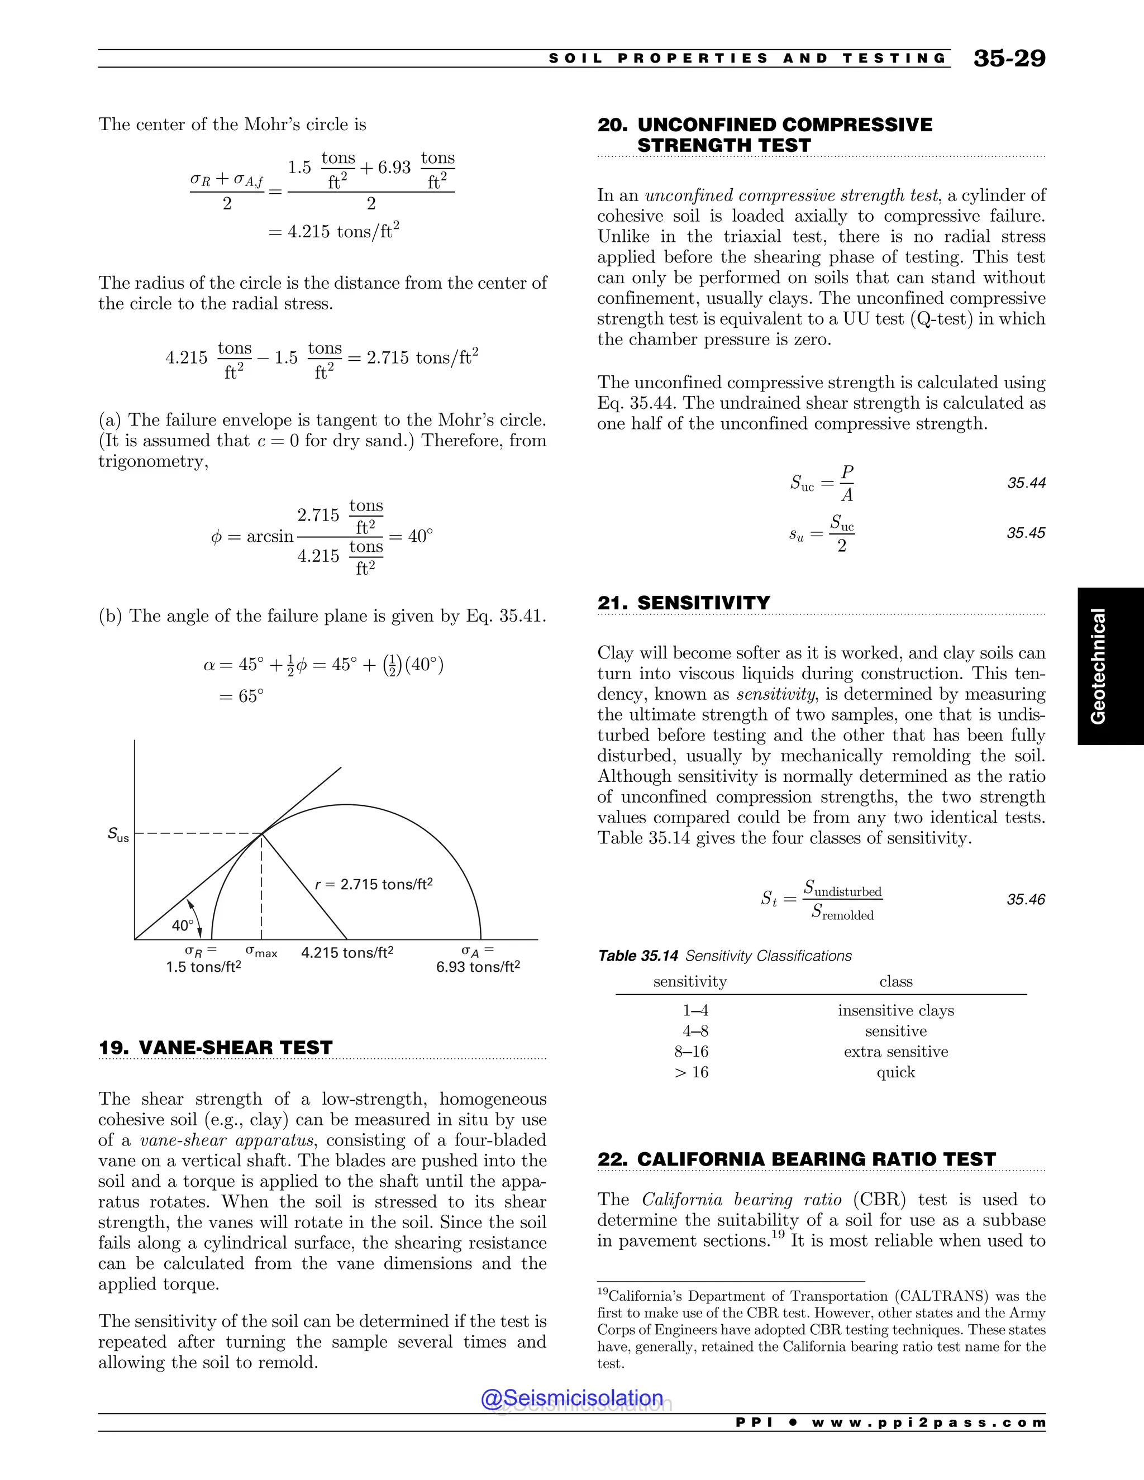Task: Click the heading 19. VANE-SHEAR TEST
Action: (216, 1047)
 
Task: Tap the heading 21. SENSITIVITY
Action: (683, 603)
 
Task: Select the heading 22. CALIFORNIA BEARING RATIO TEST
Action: (797, 1159)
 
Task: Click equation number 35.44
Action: (1026, 483)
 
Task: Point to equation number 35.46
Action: (1026, 899)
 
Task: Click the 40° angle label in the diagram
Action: (182, 925)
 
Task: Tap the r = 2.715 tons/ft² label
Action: (374, 884)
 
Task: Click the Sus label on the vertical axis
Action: (118, 834)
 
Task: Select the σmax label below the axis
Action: (261, 952)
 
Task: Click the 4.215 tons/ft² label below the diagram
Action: (347, 953)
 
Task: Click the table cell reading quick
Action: (895, 1072)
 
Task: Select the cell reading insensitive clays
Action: (895, 1010)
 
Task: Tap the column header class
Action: (895, 981)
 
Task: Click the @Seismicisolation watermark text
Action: (571, 1397)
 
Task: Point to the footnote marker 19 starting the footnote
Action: (603, 1292)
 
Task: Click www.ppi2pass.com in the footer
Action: (928, 1422)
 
